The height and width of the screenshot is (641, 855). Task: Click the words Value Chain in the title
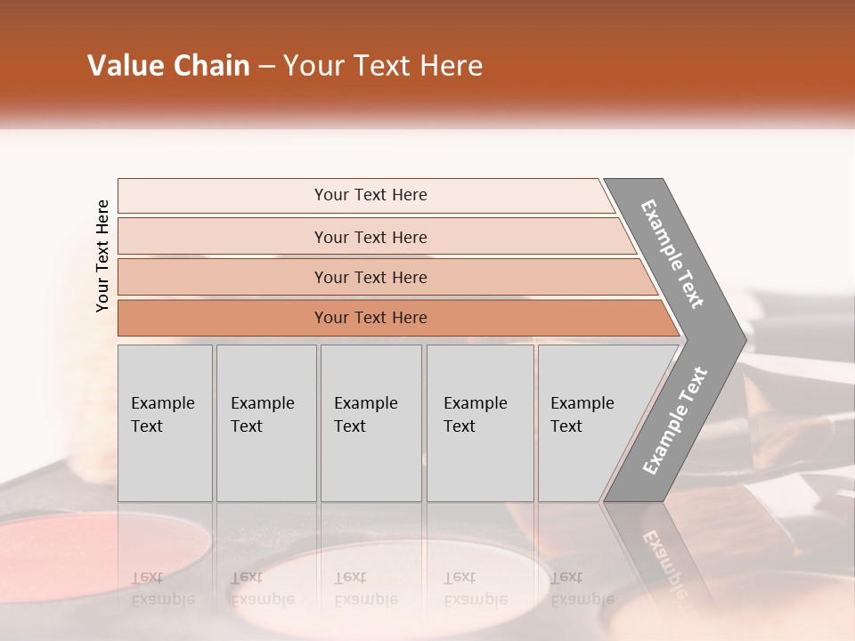click(168, 66)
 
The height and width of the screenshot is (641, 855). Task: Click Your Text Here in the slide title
click(383, 66)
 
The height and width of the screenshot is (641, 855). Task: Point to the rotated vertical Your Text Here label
click(102, 256)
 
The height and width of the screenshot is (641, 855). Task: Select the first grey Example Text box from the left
click(165, 423)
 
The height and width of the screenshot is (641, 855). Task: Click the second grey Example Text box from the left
click(265, 423)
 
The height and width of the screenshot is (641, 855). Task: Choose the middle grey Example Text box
click(370, 423)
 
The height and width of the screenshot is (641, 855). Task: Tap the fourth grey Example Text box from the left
click(480, 423)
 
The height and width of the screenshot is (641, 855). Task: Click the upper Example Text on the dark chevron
click(672, 254)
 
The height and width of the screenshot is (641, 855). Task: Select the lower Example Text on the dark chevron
click(674, 421)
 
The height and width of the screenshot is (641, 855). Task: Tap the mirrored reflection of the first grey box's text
click(162, 588)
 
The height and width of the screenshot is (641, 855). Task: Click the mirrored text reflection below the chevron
click(664, 561)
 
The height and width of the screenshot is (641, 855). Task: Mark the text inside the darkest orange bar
click(370, 318)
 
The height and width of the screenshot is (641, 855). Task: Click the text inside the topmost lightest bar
click(370, 195)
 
